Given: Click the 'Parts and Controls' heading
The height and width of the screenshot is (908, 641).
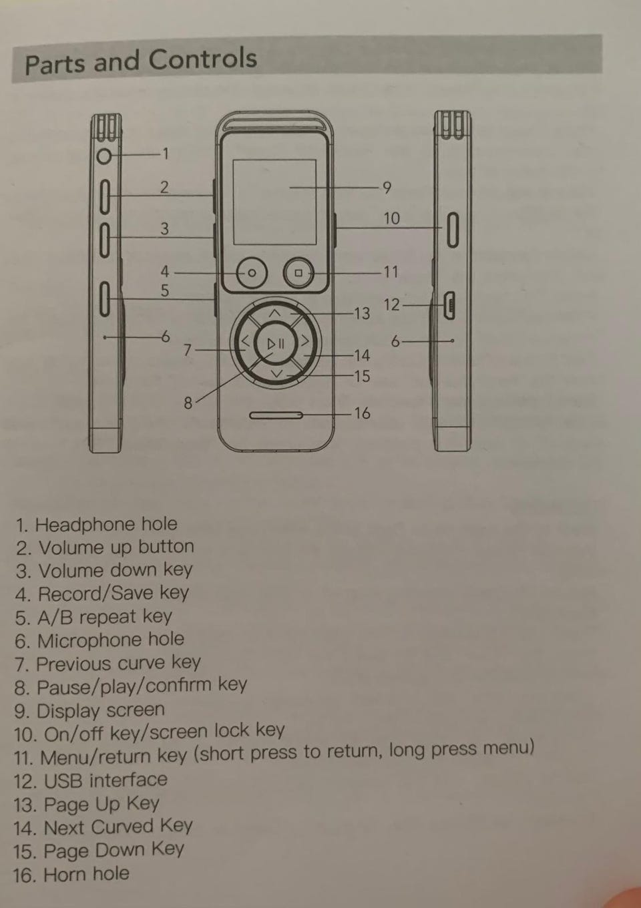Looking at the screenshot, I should click(141, 61).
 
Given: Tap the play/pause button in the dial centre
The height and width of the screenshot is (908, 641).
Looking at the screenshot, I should click(276, 345).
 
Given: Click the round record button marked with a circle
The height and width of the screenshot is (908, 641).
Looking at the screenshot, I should click(252, 274).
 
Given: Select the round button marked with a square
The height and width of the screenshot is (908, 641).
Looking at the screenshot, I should click(298, 273).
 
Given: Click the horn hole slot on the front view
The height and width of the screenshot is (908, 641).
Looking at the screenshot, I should click(276, 416).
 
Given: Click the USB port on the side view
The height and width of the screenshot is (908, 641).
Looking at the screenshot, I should click(449, 306).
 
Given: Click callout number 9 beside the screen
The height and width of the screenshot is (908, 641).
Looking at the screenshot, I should click(386, 188).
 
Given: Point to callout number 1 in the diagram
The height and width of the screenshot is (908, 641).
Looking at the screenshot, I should click(166, 155).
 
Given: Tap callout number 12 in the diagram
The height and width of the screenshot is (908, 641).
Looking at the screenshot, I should click(391, 305).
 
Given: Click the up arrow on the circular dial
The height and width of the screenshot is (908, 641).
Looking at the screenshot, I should click(275, 312).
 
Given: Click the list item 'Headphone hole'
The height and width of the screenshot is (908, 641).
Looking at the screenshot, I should click(97, 525).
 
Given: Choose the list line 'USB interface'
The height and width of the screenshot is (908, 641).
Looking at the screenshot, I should click(91, 780).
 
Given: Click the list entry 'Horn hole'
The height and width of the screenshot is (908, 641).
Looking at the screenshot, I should click(71, 875).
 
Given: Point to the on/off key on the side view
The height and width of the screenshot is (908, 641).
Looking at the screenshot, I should click(452, 229).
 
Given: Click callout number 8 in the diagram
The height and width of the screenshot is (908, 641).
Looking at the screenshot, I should click(188, 403).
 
